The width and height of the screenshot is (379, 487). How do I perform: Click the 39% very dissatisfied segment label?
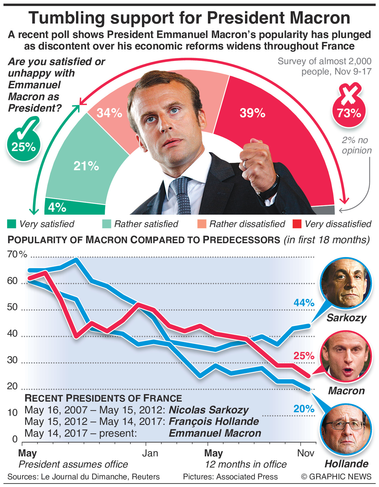point(252,113)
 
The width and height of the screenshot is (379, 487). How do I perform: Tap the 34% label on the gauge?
point(109,113)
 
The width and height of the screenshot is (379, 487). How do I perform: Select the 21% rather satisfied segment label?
point(86,166)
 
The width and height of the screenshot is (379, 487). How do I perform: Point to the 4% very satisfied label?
point(57,208)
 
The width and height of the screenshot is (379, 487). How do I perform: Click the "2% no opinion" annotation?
point(356,145)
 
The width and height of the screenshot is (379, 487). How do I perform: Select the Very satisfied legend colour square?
point(11,224)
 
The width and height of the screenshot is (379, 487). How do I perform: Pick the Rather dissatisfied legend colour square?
point(202,224)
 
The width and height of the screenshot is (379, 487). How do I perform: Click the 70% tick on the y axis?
point(17,254)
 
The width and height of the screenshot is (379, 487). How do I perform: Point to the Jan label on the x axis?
point(150,453)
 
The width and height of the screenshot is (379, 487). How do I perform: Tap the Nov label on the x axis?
point(306,453)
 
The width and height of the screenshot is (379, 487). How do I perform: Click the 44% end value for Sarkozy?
point(304,303)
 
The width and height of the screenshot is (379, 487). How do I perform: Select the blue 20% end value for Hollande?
point(304,409)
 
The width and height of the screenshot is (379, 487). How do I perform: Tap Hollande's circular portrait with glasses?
point(346,430)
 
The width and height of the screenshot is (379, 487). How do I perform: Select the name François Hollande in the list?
point(214,422)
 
